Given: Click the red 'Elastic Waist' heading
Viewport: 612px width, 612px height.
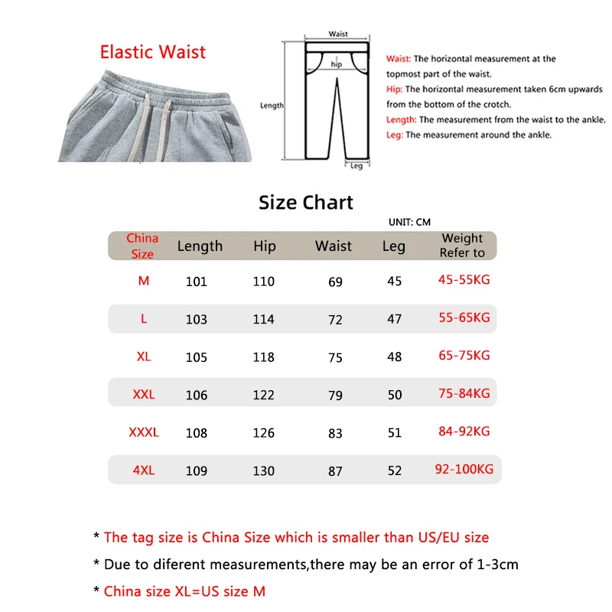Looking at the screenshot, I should [153, 52].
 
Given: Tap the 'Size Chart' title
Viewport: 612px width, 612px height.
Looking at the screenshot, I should [306, 203].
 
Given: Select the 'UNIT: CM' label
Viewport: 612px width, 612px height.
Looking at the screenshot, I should [409, 222].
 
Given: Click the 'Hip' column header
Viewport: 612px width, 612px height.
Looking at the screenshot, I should [264, 246].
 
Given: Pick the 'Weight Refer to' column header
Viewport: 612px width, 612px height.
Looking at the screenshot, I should [462, 246].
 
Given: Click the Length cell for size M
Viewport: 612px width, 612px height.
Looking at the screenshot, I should [197, 282].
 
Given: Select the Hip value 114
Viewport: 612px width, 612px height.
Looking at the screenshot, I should [263, 319].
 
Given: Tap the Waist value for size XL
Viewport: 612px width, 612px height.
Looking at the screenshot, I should [335, 357].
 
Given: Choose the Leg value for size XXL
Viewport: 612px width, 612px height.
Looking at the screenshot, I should [394, 395].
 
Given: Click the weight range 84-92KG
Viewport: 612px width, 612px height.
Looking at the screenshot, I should [464, 431].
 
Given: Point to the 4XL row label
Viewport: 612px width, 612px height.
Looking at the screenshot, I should [144, 470].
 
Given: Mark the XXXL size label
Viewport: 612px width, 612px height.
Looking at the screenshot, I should [144, 432].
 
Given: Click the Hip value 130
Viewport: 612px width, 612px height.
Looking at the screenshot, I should [263, 471].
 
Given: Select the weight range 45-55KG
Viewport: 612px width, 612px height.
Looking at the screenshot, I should [464, 280].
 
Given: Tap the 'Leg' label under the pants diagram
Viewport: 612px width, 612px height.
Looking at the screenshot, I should [356, 166].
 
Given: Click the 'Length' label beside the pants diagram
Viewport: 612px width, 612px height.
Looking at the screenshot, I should [272, 106].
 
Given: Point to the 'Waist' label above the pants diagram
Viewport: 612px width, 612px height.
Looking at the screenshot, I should [338, 34].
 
